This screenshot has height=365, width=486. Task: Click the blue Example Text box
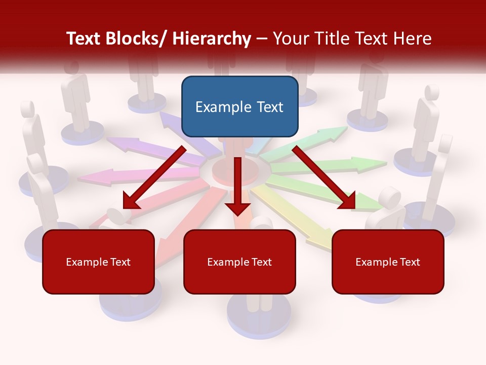tap(239, 106)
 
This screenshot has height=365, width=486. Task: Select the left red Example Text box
tap(98, 262)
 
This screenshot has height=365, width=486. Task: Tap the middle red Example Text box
tap(239, 262)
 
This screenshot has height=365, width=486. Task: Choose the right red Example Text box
tap(388, 262)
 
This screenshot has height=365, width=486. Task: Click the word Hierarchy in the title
tap(212, 39)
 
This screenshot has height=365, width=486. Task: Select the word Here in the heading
tap(412, 39)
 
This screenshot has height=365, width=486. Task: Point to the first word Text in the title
tap(85, 39)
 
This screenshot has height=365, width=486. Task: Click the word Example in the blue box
tap(216, 107)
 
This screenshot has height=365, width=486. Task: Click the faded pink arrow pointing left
tap(106, 176)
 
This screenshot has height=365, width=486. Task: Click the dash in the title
tap(262, 39)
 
